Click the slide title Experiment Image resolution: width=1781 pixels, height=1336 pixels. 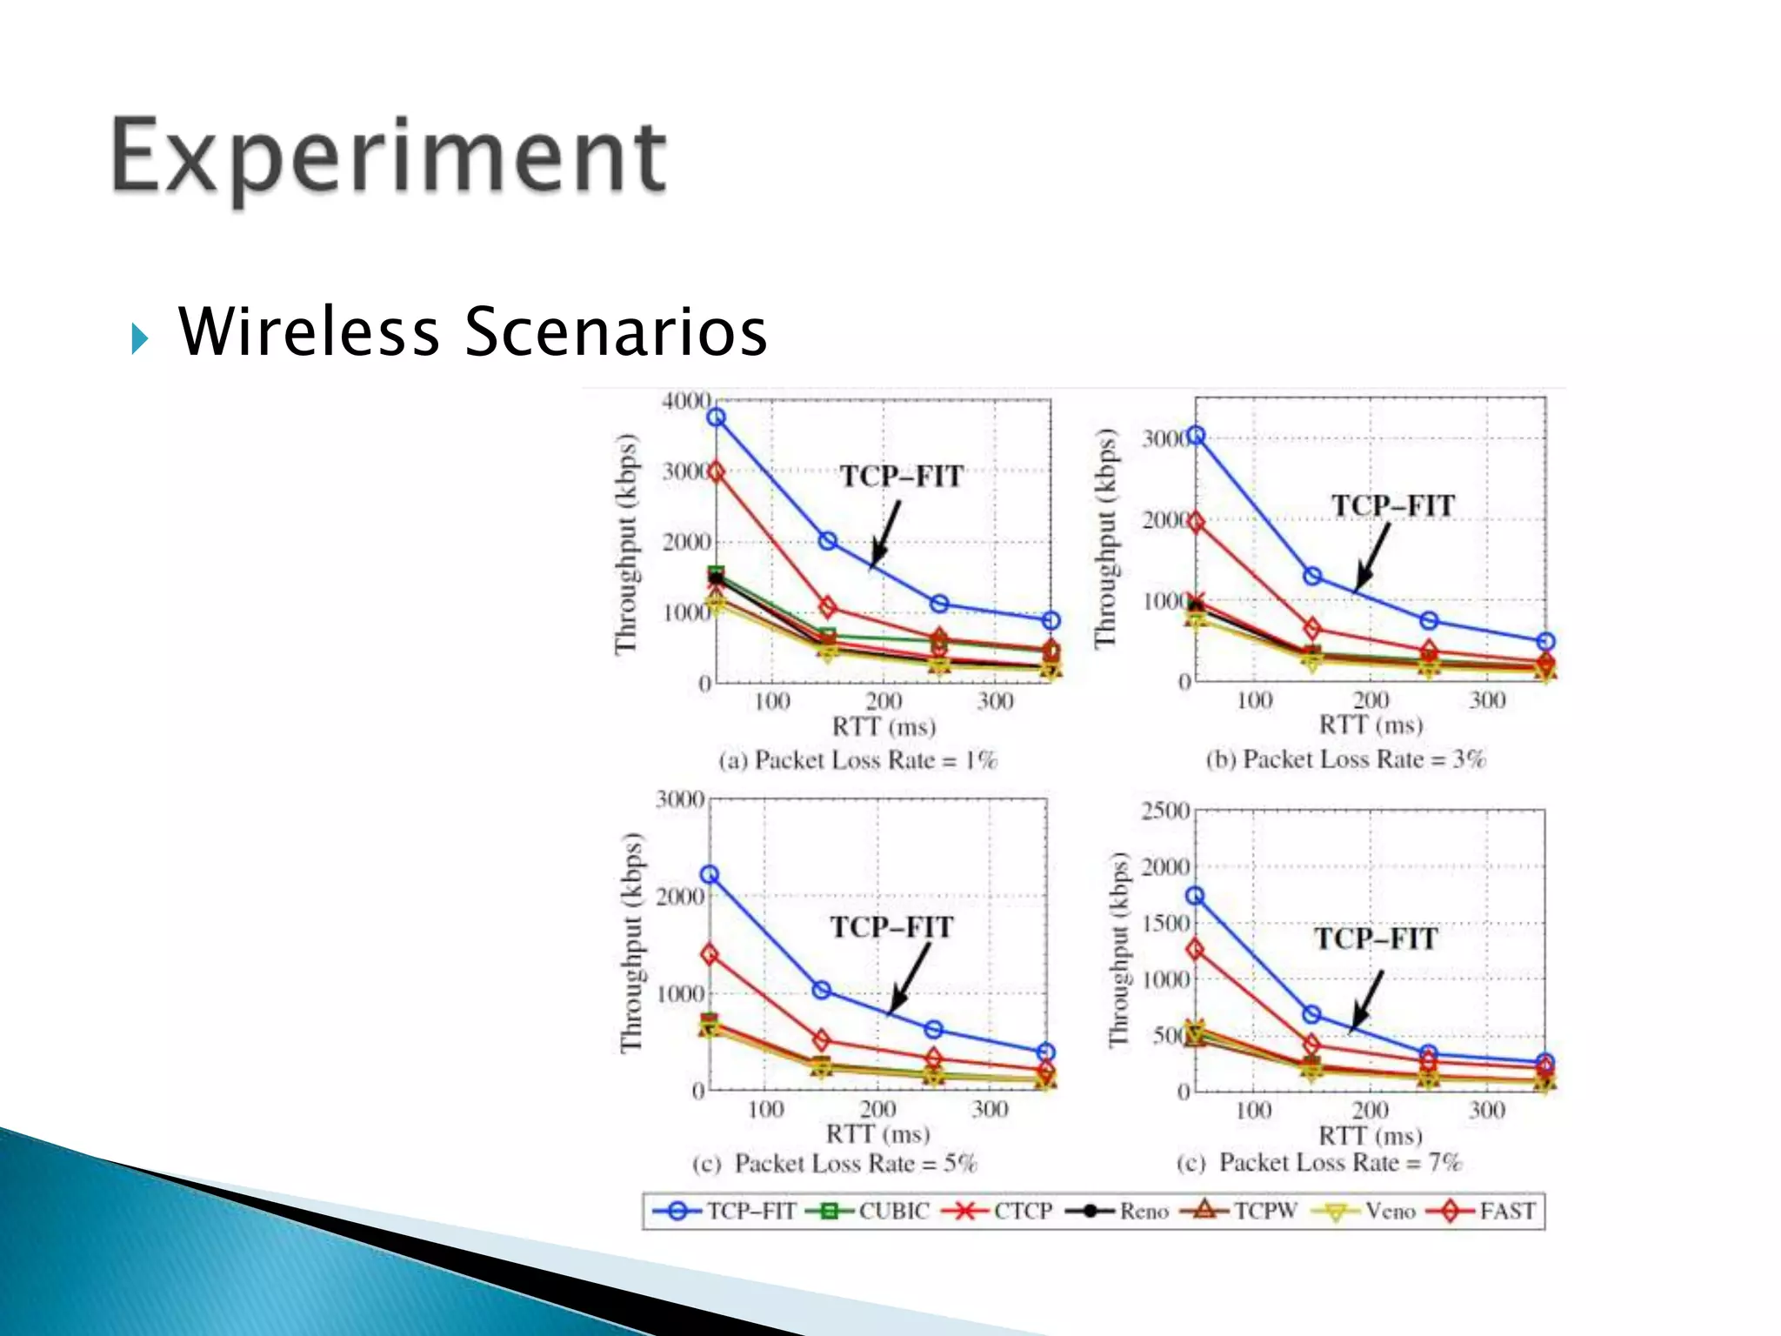[389, 157]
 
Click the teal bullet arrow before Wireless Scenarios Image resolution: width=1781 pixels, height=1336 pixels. [139, 337]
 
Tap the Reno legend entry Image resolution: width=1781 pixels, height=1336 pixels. [1117, 1211]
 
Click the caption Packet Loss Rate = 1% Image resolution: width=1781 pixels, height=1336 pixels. [858, 760]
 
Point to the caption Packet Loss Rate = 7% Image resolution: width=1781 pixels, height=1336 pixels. [1319, 1163]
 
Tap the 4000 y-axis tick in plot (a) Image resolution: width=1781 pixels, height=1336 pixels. [686, 401]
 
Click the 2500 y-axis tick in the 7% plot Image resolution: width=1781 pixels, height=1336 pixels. [1165, 811]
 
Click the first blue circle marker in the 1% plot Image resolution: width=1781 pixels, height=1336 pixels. [716, 417]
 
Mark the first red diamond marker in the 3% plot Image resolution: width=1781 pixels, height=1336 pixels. [1196, 522]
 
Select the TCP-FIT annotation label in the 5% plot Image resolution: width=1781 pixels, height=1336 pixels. [891, 927]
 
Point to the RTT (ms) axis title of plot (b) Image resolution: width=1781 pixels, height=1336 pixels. [1371, 725]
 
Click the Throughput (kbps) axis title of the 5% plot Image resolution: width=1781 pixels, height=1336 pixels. [631, 944]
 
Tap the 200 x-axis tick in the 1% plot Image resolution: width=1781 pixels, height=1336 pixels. [884, 701]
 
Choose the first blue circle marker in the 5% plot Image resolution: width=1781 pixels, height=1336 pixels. [710, 875]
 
